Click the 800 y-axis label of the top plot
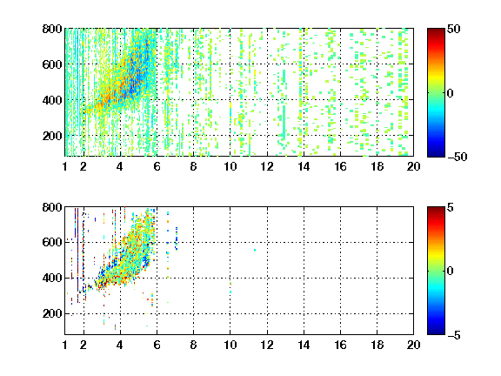[x=52, y=29]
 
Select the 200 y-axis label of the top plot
[x=52, y=136]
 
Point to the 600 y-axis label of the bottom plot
[x=52, y=242]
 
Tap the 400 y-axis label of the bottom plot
[x=52, y=278]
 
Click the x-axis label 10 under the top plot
[x=230, y=166]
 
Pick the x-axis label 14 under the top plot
[x=304, y=166]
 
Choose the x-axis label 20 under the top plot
[x=413, y=166]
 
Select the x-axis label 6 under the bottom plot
[x=157, y=345]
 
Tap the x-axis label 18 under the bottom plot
[x=377, y=345]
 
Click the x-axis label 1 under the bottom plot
[x=65, y=345]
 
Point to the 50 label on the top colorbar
[x=453, y=29]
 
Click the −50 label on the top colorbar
[x=457, y=157]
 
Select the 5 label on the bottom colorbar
[x=451, y=207]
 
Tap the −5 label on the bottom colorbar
[x=454, y=335]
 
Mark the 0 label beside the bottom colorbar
[x=451, y=272]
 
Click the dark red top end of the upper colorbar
[x=436, y=30]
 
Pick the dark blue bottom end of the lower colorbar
[x=436, y=333]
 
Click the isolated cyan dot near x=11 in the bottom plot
[x=255, y=250]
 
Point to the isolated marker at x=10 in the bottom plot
[x=230, y=288]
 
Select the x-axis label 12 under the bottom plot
[x=267, y=345]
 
